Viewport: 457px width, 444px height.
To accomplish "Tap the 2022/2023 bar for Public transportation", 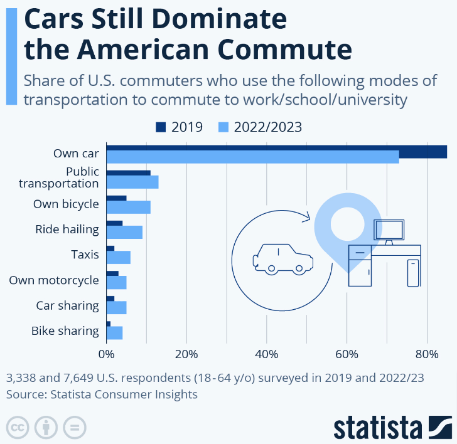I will tap(132, 182).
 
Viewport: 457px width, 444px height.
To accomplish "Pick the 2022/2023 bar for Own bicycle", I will tap(128, 207).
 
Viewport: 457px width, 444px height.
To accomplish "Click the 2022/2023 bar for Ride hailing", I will tap(124, 232).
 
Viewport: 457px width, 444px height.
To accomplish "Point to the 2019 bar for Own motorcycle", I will tap(112, 273).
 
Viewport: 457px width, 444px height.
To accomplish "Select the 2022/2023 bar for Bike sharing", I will tap(114, 332).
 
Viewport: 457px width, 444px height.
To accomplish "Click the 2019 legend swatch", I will tap(162, 127).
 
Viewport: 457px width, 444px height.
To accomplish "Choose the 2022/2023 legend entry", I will tap(259, 127).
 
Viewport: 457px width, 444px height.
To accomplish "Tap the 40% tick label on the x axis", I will tap(267, 354).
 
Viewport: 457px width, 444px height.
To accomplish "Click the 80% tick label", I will tap(427, 354).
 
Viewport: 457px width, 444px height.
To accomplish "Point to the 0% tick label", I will tap(106, 354).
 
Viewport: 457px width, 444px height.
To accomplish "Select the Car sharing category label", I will tap(67, 305).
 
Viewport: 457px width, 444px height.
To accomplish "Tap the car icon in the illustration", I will tap(282, 258).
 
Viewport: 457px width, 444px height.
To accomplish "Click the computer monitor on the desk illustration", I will tap(389, 231).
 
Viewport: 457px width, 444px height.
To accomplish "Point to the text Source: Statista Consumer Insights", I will tap(102, 394).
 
